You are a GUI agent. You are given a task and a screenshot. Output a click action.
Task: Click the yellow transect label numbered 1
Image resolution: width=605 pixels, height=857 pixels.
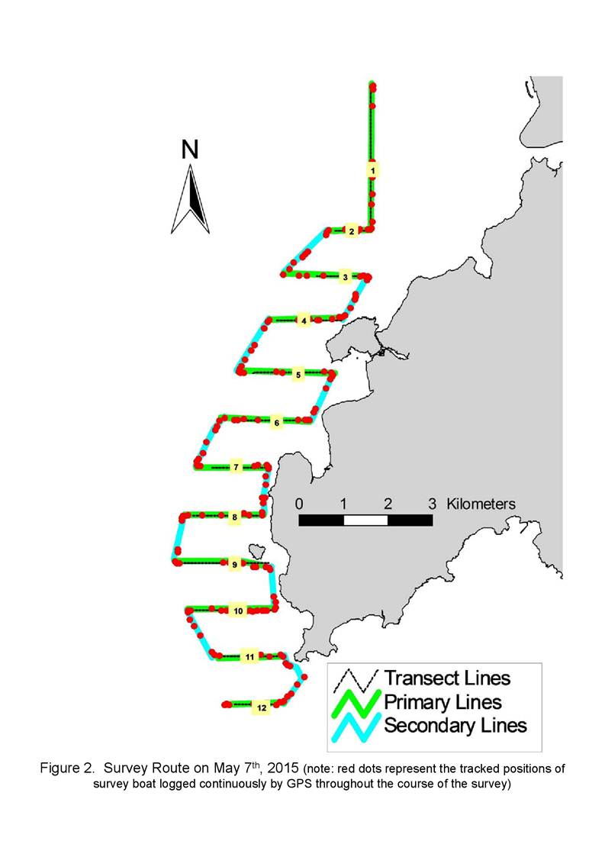tap(373, 170)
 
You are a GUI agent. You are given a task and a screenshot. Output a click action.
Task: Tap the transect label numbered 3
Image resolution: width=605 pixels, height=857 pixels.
tap(345, 277)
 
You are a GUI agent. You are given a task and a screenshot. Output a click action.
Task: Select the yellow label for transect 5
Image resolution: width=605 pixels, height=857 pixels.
tap(298, 375)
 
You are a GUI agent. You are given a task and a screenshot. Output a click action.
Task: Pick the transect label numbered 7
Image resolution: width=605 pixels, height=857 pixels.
tap(236, 467)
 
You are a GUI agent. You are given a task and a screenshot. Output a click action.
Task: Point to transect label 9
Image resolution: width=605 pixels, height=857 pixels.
tap(234, 565)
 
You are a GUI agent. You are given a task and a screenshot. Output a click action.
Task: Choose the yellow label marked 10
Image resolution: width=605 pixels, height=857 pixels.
tap(238, 611)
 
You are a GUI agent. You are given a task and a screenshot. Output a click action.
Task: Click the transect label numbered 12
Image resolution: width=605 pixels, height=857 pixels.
tap(262, 707)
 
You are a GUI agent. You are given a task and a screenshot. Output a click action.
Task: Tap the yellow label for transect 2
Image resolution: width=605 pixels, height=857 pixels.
tap(352, 231)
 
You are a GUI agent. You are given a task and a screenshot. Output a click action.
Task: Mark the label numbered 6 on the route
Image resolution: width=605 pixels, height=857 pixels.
tap(276, 423)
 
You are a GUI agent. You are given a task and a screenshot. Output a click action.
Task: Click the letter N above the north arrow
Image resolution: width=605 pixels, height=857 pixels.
tap(190, 150)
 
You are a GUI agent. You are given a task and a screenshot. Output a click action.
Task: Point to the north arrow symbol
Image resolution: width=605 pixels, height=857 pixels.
tap(190, 199)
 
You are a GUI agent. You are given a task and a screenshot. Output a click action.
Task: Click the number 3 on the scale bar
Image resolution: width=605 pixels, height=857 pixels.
tap(432, 504)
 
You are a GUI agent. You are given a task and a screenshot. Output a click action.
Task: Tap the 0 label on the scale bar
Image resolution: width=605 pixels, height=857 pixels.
tap(299, 504)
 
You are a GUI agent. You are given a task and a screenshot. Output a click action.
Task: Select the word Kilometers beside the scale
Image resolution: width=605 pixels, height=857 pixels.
tap(481, 504)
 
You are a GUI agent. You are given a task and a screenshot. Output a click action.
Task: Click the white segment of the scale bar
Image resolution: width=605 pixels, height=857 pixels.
tap(365, 520)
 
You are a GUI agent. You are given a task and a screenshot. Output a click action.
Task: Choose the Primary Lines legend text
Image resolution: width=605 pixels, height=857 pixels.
tap(442, 702)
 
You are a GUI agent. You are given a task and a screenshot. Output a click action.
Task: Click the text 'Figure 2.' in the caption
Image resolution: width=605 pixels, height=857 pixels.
tap(68, 768)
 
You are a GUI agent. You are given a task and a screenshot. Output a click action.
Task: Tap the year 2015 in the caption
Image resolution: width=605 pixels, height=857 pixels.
tap(282, 768)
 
